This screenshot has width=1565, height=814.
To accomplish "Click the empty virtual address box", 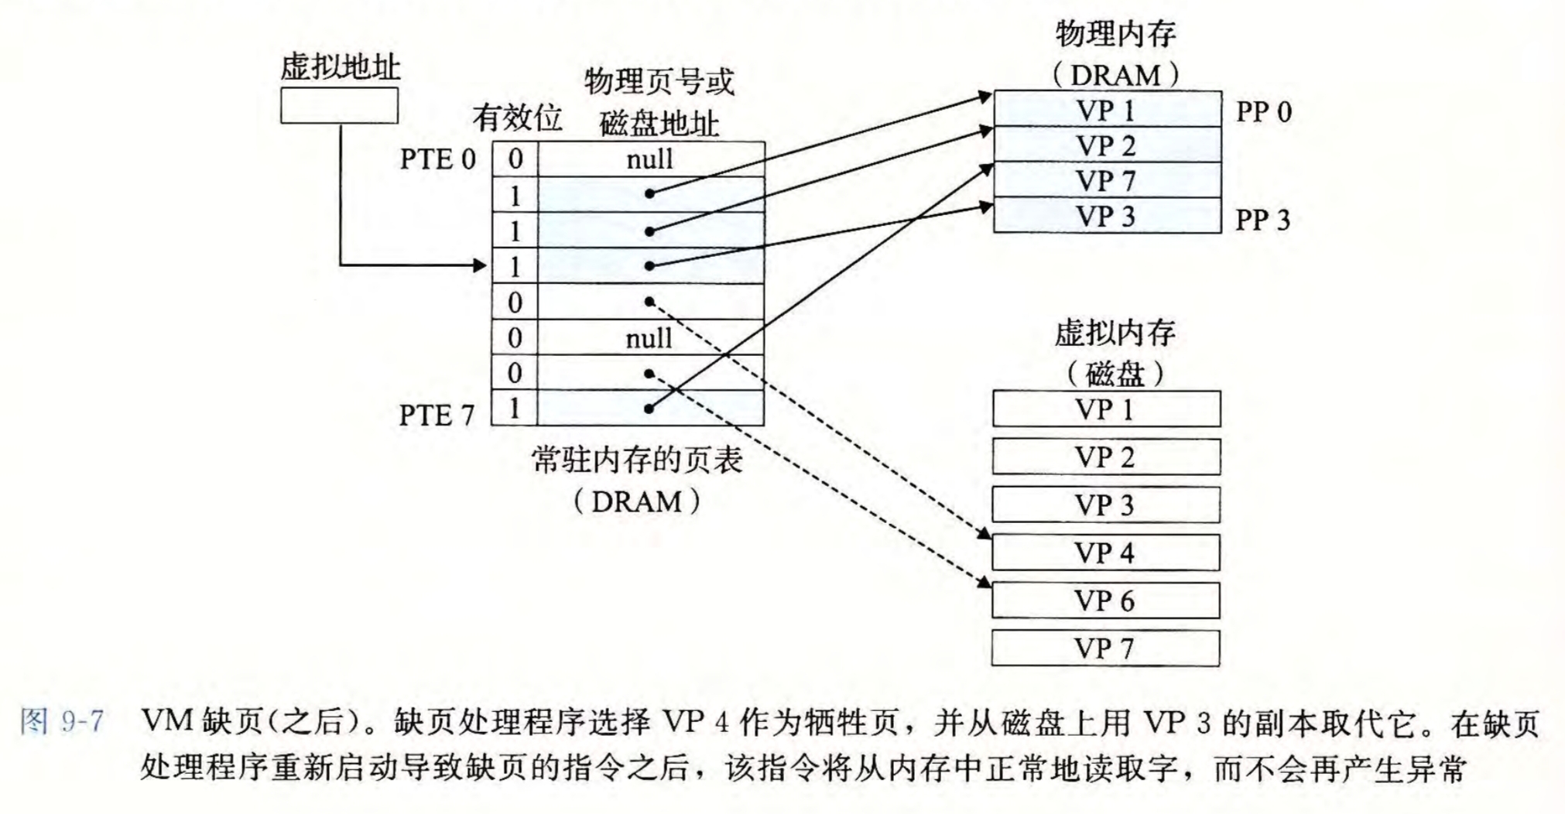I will tap(339, 105).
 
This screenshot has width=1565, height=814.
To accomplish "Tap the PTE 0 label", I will tap(437, 159).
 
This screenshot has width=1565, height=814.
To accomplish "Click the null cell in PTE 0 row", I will tap(650, 159).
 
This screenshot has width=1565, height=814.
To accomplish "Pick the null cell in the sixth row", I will tap(649, 338).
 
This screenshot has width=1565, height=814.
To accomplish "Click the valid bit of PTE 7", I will tap(515, 409).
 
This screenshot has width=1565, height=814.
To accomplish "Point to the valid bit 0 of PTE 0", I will tap(515, 159).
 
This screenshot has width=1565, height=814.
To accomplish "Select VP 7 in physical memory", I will tap(1107, 180).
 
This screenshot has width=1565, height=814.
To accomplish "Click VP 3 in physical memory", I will tap(1107, 216).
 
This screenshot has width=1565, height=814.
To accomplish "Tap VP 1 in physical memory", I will tap(1107, 111).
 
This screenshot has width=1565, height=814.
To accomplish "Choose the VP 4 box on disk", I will tap(1105, 553).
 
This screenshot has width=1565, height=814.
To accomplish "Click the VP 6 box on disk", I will tap(1105, 600).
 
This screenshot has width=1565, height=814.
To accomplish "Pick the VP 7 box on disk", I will tap(1105, 648).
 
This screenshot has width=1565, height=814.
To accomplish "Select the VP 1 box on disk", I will tap(1105, 409).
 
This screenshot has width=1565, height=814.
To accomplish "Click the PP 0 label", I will tap(1263, 112).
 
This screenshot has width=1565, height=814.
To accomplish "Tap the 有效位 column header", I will tap(517, 118).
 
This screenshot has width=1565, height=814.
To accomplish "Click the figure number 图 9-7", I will tap(62, 721).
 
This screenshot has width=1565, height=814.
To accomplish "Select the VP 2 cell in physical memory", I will tap(1107, 145).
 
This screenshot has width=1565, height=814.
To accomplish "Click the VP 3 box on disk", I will tap(1105, 505).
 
